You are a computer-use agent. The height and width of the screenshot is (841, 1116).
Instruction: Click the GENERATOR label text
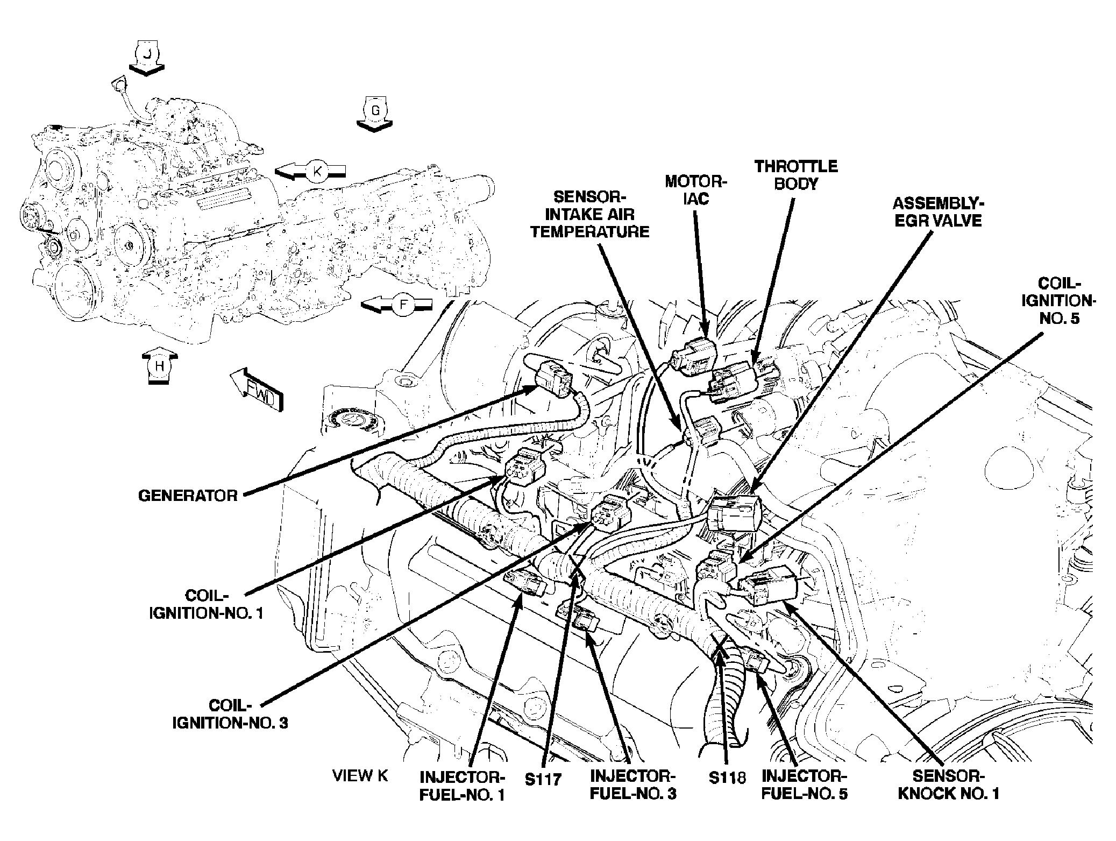pos(188,496)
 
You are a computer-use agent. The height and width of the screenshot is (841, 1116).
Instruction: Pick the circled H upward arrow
pos(159,366)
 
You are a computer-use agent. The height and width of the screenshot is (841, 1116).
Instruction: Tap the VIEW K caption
pos(360,775)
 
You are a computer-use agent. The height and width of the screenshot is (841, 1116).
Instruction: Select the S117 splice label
pos(543,779)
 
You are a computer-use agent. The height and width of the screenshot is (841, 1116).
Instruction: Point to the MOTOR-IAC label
pos(696,190)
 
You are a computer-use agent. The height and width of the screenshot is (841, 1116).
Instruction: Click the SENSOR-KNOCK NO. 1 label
pos(948,784)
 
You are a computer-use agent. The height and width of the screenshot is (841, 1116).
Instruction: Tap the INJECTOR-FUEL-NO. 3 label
pos(632,785)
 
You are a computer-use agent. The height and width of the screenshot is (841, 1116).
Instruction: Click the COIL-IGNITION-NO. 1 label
pos(206,604)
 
